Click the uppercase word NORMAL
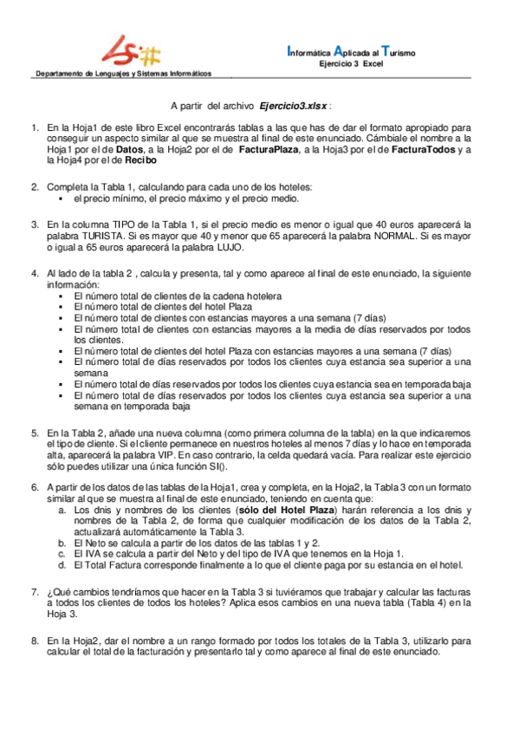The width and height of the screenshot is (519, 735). (x=383, y=236)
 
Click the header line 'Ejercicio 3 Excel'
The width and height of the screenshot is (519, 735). (x=351, y=63)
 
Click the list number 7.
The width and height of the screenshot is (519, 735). (x=35, y=589)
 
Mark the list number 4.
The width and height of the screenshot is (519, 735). (x=35, y=274)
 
